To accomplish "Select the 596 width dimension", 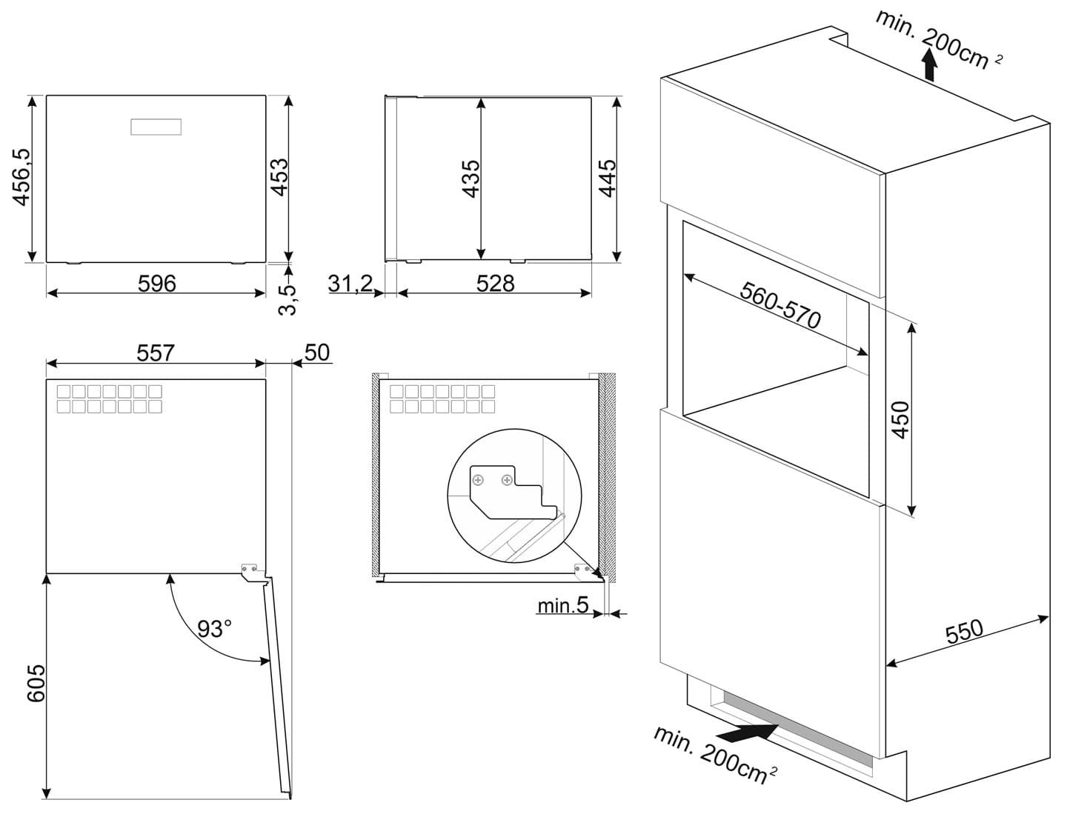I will pos(157,283).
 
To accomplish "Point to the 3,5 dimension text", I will pos(287,299).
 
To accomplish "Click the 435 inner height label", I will pos(471,179).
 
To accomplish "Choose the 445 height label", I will pos(608,179).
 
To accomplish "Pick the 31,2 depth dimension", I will pos(350,283).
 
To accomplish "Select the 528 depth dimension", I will pos(495,283).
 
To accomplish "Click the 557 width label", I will pos(156,353).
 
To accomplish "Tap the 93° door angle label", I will pos(214,629).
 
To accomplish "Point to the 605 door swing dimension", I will pos(36,682).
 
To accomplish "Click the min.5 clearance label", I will pos(562,606).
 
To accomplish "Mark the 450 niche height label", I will pos(900,419).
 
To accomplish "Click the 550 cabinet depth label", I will pos(964,632).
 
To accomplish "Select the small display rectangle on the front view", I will pos(156,127).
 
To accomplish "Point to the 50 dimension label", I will pos(316,353).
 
